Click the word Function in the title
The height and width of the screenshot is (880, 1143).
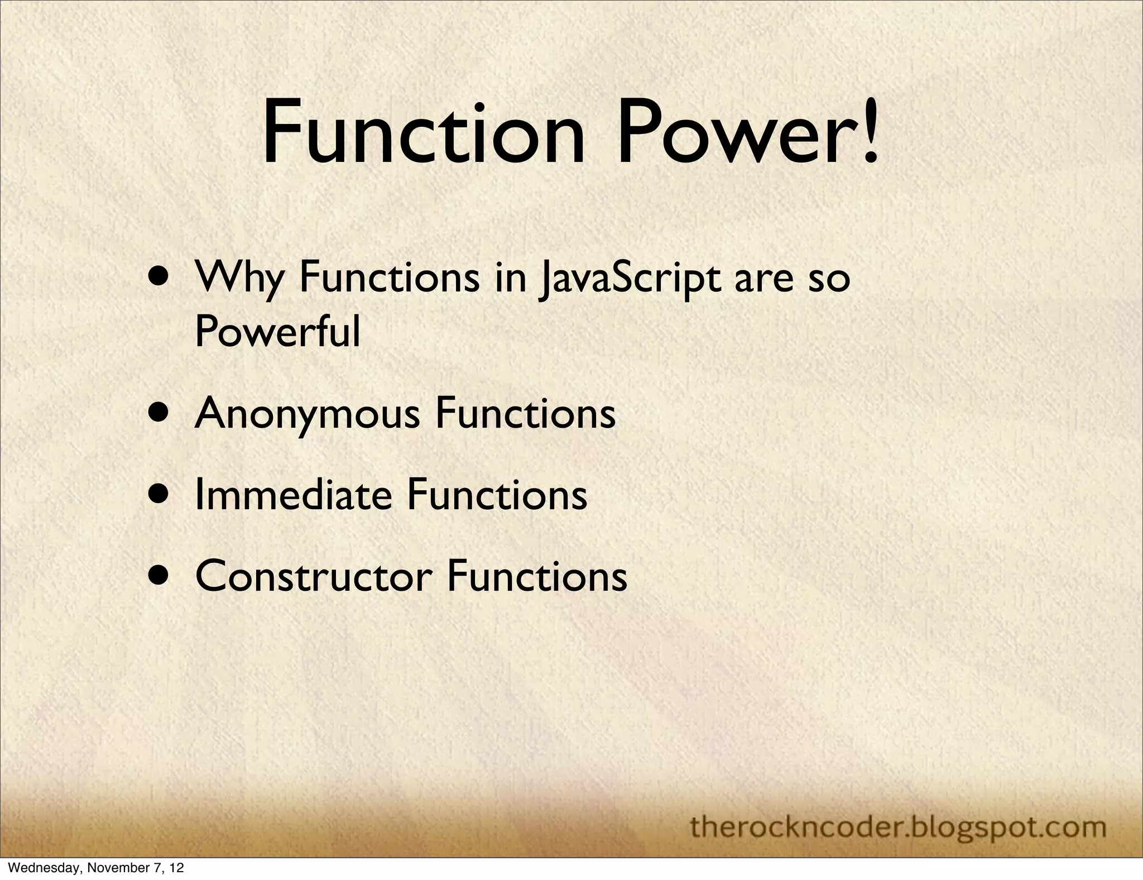423,133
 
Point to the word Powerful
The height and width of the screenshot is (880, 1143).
277,331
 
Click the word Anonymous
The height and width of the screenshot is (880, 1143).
306,414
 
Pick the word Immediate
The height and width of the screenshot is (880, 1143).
293,495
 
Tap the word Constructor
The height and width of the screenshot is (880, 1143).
314,576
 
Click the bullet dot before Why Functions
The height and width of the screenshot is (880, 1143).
161,278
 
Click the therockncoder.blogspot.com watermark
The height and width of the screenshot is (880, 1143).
899,826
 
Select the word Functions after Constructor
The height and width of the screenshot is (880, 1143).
537,576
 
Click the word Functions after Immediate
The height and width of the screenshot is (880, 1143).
497,495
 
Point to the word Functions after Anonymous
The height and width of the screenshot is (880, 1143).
525,414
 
